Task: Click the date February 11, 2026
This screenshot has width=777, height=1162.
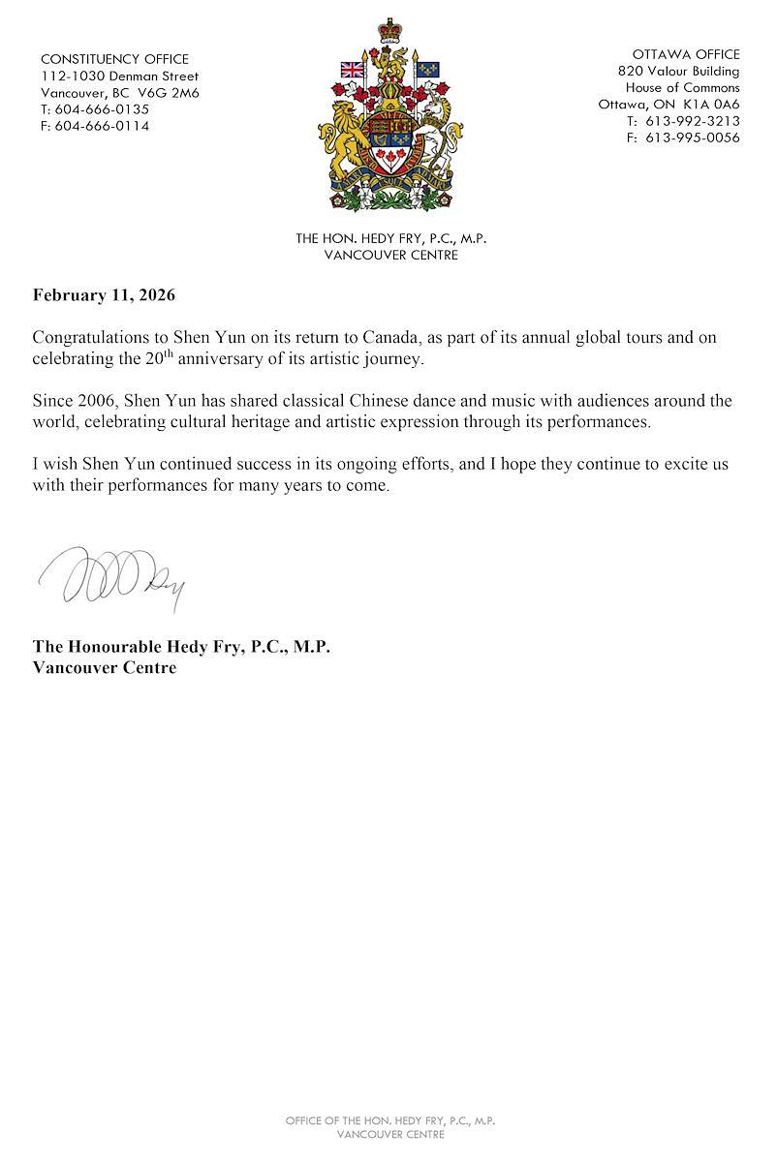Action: (x=104, y=295)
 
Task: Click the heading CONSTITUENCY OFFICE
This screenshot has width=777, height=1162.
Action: (x=114, y=59)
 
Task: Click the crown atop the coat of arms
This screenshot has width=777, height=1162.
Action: (x=390, y=30)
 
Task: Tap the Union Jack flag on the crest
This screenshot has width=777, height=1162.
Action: (x=352, y=70)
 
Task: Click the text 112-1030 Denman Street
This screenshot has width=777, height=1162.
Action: (x=119, y=76)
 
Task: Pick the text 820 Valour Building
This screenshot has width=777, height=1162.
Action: (x=678, y=71)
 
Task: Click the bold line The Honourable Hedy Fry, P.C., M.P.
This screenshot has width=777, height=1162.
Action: (x=181, y=646)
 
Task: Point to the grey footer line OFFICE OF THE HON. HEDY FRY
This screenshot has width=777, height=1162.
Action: (x=390, y=1120)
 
